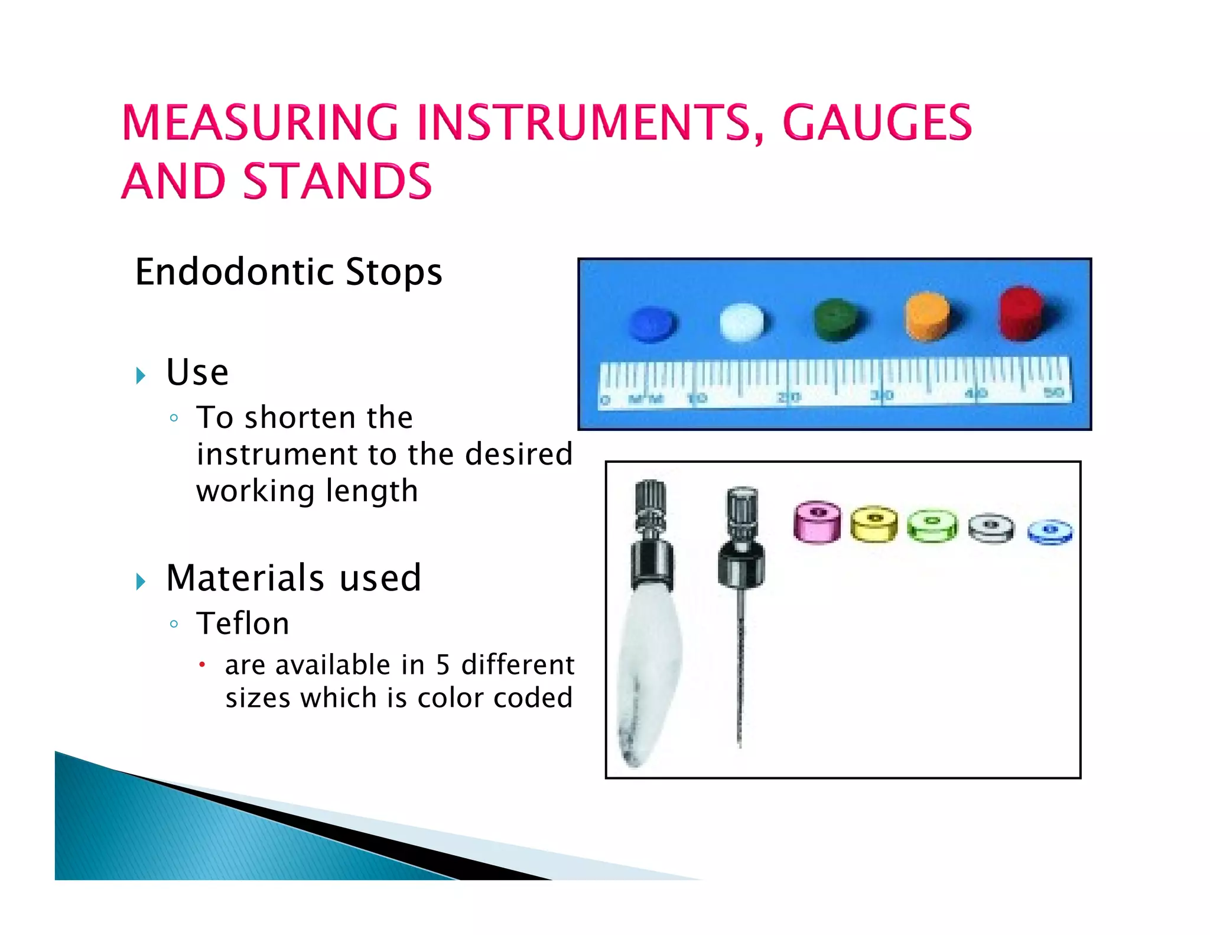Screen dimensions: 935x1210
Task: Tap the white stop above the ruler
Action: (x=742, y=322)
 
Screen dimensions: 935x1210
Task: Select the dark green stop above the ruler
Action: (x=836, y=320)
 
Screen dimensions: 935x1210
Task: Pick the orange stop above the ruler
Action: (x=928, y=316)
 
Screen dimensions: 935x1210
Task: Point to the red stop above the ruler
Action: (x=1021, y=313)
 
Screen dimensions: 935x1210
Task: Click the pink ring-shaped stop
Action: (x=817, y=522)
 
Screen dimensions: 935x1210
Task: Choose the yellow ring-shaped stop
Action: (x=874, y=524)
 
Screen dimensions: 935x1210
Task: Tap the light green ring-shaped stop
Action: (x=932, y=526)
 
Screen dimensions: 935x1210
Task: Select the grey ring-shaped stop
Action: (x=991, y=528)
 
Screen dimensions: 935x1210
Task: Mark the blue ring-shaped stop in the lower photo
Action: (x=1050, y=532)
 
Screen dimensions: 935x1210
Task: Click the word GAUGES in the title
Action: (x=877, y=123)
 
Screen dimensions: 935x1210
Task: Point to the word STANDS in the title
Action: (x=337, y=181)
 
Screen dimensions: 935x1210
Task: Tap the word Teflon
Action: (x=243, y=624)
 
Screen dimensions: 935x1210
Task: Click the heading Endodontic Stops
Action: (x=288, y=272)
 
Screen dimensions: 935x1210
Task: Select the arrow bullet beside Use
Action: (x=141, y=375)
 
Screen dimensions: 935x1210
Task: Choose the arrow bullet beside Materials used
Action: (x=141, y=581)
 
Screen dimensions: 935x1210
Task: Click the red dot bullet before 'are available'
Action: (x=202, y=665)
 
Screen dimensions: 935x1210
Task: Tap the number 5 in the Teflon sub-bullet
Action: (x=443, y=665)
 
